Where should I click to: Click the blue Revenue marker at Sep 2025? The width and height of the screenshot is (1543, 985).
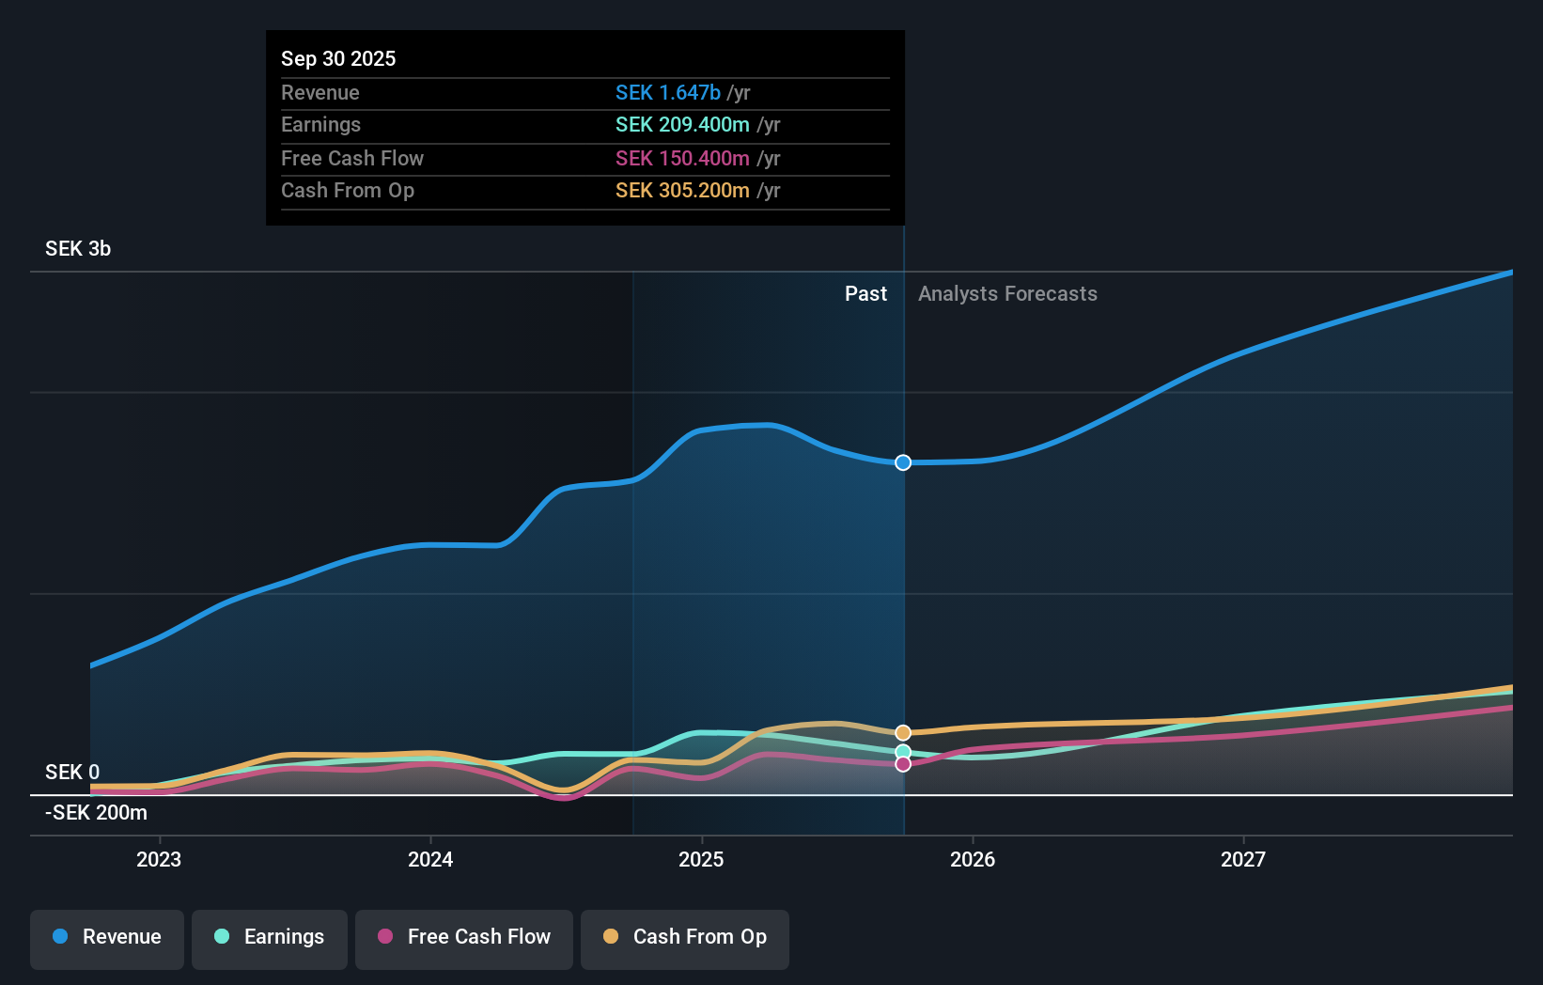(x=903, y=462)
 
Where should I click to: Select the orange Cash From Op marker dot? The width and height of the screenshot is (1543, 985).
(x=903, y=732)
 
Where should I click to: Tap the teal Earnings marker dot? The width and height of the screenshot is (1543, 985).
(x=903, y=752)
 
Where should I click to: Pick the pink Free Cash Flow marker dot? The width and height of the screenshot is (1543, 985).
(x=903, y=764)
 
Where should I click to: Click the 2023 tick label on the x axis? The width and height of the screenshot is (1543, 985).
(x=159, y=859)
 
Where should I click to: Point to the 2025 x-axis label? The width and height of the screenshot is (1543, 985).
(x=701, y=859)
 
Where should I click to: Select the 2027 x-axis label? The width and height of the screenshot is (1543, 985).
(x=1242, y=859)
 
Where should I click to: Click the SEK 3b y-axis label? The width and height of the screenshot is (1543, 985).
(x=78, y=249)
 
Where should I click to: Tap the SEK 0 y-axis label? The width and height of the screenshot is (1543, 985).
(x=72, y=772)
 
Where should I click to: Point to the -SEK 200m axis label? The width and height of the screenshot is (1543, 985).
(x=96, y=812)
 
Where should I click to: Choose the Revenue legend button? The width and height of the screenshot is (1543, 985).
(x=107, y=938)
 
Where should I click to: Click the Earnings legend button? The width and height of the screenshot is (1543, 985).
(x=270, y=938)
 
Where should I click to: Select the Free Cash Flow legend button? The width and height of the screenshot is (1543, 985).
(x=464, y=938)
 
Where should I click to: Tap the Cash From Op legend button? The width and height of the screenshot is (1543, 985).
(x=685, y=938)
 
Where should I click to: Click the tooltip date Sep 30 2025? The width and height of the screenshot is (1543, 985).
(x=338, y=58)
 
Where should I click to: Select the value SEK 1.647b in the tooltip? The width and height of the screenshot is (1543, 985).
(x=668, y=92)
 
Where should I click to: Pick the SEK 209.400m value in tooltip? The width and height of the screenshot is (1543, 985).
(x=682, y=125)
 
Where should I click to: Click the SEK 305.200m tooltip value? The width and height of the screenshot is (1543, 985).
(x=682, y=191)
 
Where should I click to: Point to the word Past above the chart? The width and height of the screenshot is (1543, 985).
(x=865, y=294)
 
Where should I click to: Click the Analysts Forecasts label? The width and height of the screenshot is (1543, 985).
(x=1007, y=294)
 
